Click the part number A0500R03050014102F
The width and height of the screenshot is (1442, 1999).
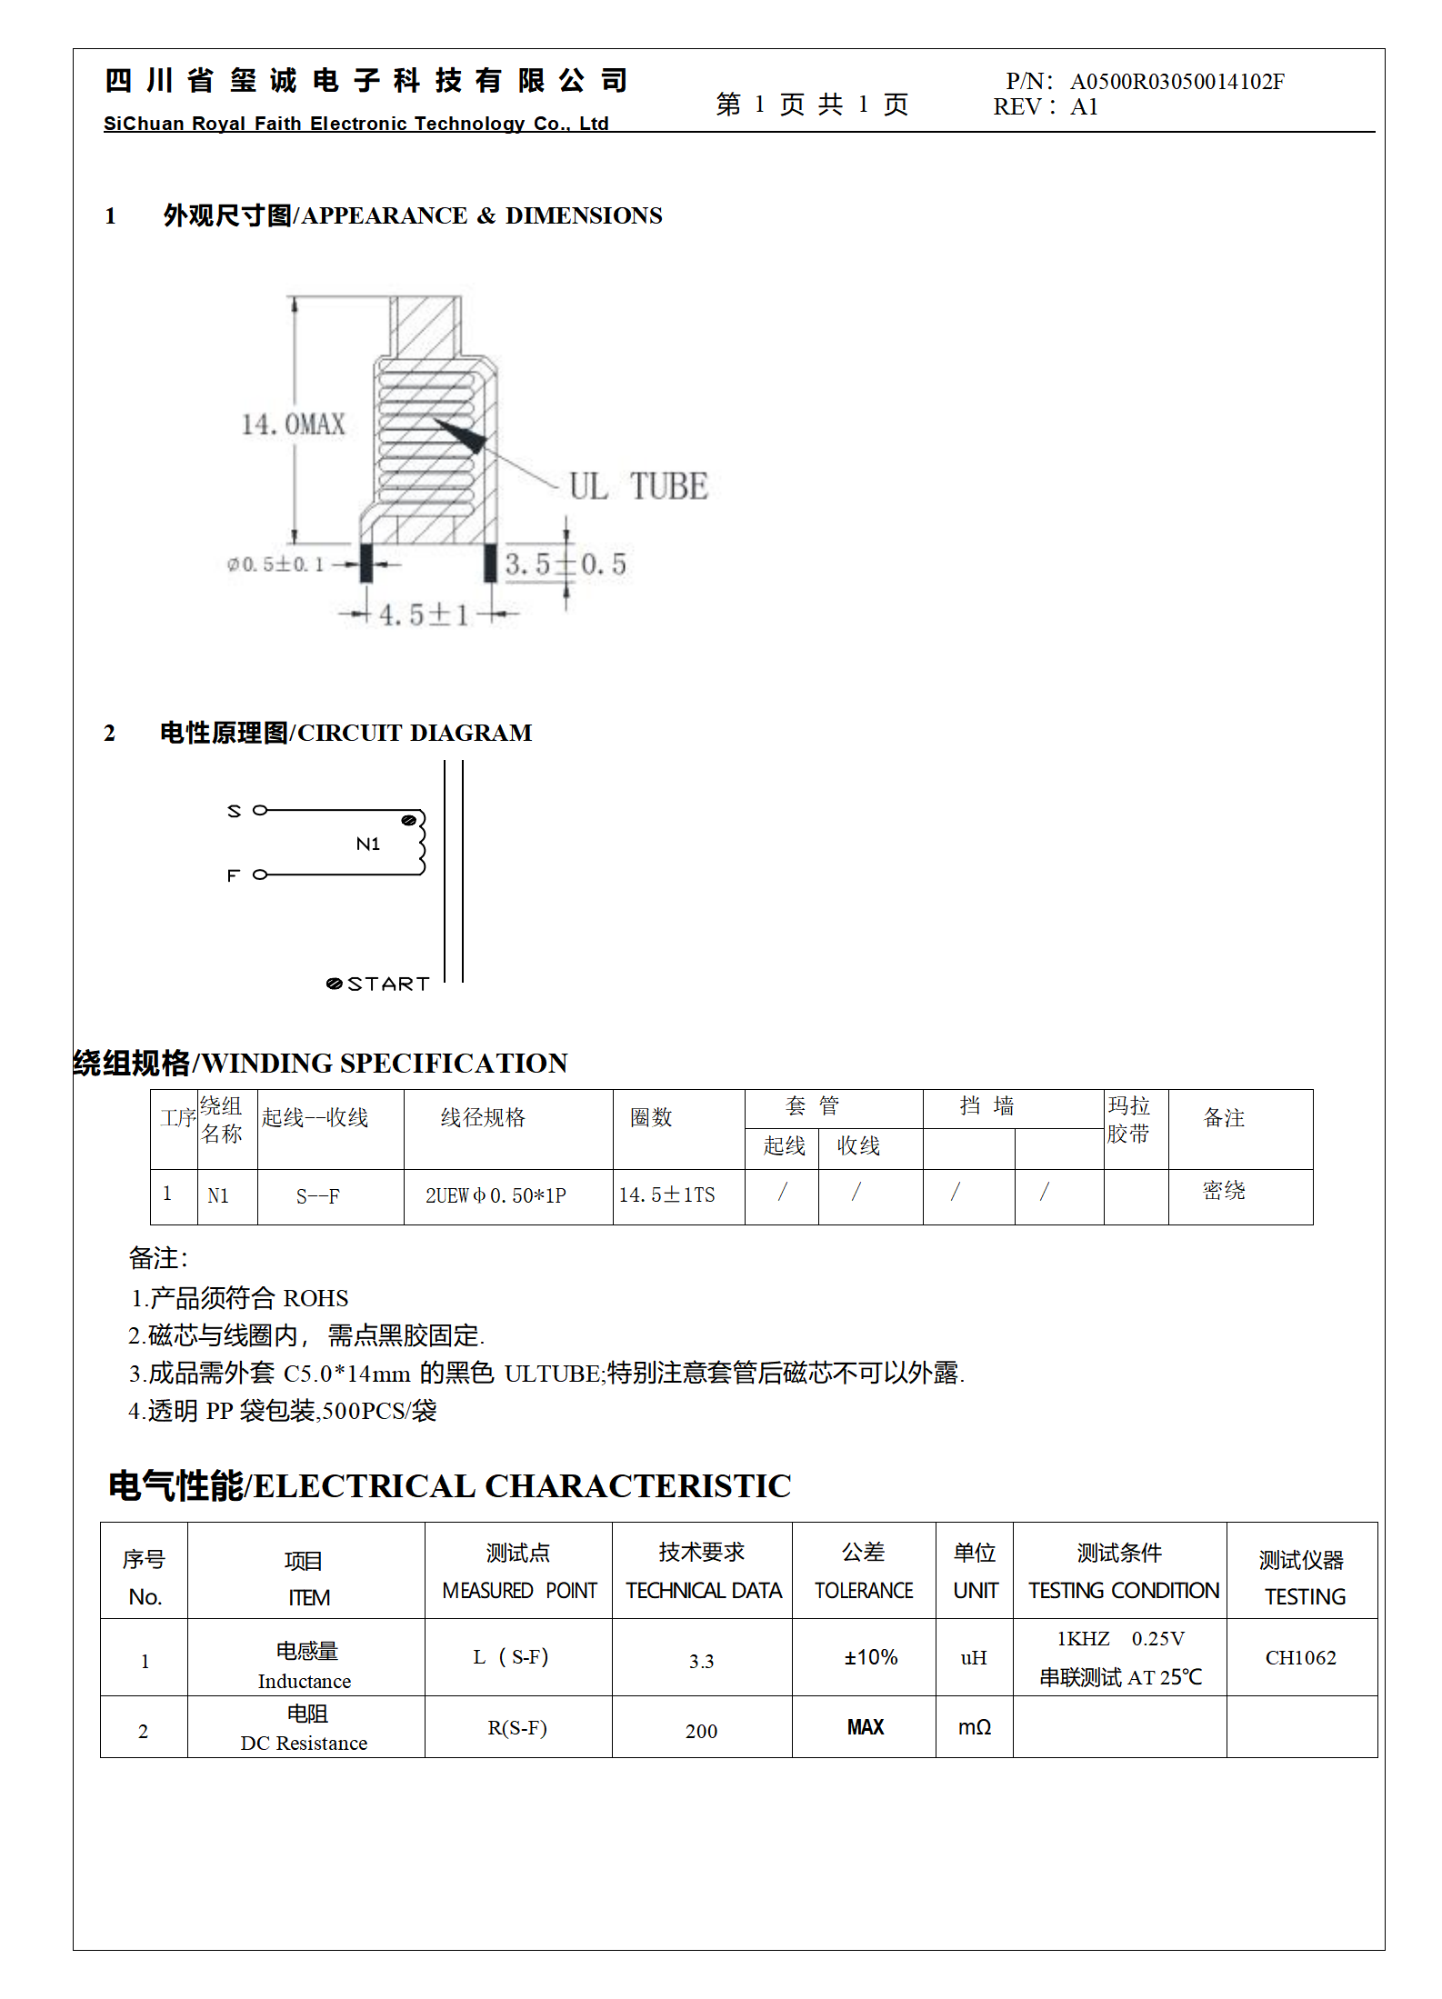pos(1177,82)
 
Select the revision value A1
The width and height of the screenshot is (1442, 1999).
pos(1084,107)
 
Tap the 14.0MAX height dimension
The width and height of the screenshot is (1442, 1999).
pos(294,425)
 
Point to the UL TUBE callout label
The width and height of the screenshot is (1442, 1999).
pos(638,486)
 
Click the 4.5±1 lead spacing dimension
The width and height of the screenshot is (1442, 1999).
pos(424,615)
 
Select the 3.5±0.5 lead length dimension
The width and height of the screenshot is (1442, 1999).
pos(566,565)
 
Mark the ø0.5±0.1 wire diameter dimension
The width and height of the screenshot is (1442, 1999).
pos(275,565)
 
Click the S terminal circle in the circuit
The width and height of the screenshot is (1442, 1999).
pos(260,810)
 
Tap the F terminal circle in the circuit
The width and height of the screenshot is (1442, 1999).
pos(260,875)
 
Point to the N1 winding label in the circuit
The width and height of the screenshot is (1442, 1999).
pos(368,844)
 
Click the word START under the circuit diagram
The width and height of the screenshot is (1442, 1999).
pos(388,984)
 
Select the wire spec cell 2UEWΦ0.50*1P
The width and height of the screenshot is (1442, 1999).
pos(496,1195)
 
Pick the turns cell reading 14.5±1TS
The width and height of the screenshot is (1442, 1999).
pos(667,1195)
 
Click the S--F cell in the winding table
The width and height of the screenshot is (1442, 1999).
pos(318,1196)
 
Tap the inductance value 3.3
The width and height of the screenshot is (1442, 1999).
pos(701,1662)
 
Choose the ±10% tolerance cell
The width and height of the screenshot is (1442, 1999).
pos(870,1657)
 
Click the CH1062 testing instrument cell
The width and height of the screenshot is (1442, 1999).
pos(1300,1657)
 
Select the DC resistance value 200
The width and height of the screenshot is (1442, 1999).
pos(701,1731)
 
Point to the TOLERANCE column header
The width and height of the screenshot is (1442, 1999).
pos(863,1590)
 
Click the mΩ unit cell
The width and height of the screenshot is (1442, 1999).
pos(974,1727)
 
